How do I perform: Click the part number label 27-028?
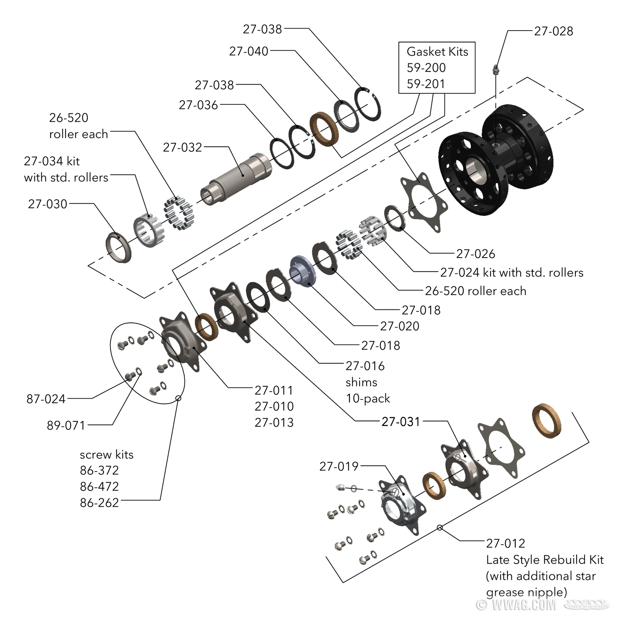coord(553,31)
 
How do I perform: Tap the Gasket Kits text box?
coord(436,68)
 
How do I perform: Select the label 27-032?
coord(182,147)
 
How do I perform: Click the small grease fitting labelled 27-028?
coord(496,70)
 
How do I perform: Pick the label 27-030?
coord(48,204)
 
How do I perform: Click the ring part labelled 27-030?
coord(119,247)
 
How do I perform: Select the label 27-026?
coord(475,254)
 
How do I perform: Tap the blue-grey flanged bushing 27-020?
coord(303,271)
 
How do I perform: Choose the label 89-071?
coord(66,425)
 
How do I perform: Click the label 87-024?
coord(46,399)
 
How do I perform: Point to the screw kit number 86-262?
coord(99,503)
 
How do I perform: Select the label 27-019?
coord(339,466)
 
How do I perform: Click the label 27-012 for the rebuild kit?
coord(505,543)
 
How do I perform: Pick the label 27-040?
coord(248,51)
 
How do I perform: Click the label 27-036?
coord(198,105)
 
